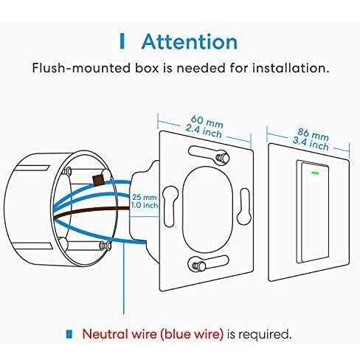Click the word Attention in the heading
tap(190, 41)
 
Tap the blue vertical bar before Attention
tap(122, 41)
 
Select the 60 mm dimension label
tap(207, 122)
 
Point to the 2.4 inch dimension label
tap(204, 131)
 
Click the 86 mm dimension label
tap(313, 135)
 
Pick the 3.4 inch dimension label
tap(311, 144)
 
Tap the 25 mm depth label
tap(145, 197)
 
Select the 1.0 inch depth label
tap(145, 205)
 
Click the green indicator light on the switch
tap(315, 173)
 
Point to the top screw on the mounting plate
tap(222, 156)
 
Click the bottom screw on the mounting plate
tap(198, 266)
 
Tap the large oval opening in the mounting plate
tap(207, 210)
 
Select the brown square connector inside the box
tap(98, 180)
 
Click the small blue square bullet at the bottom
tap(69, 333)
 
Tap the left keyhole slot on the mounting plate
tap(170, 206)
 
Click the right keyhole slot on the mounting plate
tap(244, 207)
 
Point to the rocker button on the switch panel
tap(315, 212)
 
